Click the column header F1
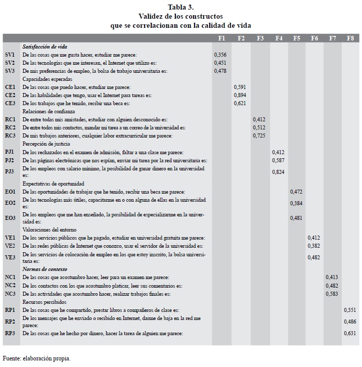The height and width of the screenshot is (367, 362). (221, 38)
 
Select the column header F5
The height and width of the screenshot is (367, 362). (297, 38)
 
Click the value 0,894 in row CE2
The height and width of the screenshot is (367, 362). (240, 95)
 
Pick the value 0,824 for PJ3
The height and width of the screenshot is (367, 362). (279, 172)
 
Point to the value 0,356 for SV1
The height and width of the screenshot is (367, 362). (220, 55)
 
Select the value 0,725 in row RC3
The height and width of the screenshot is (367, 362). (259, 135)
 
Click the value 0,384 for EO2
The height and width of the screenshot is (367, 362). (297, 203)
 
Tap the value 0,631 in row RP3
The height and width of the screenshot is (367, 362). (350, 333)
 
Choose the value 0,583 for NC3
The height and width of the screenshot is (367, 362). (332, 293)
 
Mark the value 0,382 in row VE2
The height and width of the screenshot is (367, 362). (314, 246)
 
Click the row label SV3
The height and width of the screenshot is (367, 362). (10, 71)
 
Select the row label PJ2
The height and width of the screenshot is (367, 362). (10, 160)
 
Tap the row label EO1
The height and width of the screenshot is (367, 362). (10, 192)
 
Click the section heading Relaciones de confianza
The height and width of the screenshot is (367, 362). (49, 111)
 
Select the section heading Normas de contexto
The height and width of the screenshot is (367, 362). (44, 269)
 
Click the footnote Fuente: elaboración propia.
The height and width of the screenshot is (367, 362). (37, 358)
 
